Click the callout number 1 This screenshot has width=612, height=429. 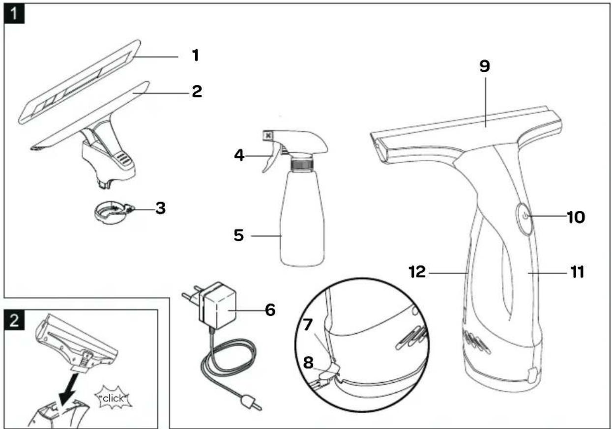point(195,56)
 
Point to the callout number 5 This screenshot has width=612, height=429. point(239,236)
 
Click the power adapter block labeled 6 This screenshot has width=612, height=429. point(220,309)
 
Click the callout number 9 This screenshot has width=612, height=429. point(485,67)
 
